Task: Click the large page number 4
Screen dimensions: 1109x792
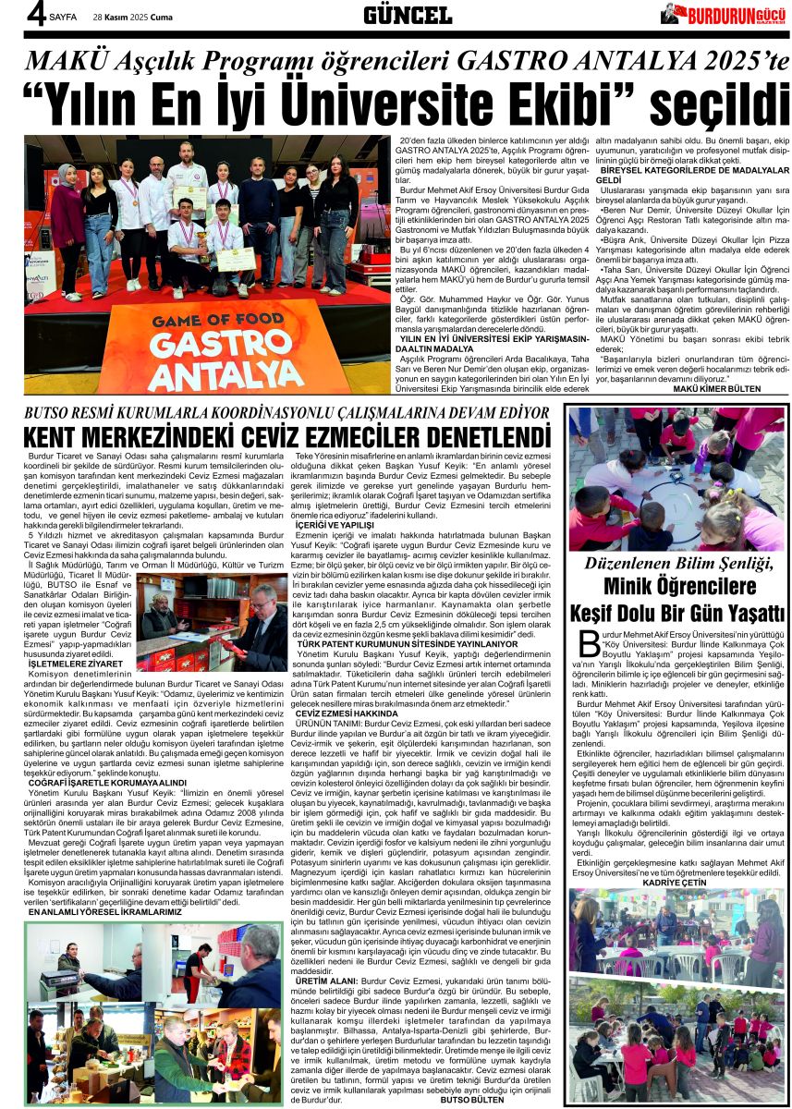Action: (35, 13)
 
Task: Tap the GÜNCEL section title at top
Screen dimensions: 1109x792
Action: (408, 14)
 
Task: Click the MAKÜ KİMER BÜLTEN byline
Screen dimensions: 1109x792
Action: (731, 388)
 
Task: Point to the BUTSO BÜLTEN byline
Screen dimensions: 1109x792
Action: (472, 1100)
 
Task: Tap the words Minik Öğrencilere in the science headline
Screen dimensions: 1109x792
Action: (677, 586)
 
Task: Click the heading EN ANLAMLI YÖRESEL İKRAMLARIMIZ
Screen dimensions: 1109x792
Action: (104, 911)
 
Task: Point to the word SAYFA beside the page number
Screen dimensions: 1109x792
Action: (64, 17)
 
